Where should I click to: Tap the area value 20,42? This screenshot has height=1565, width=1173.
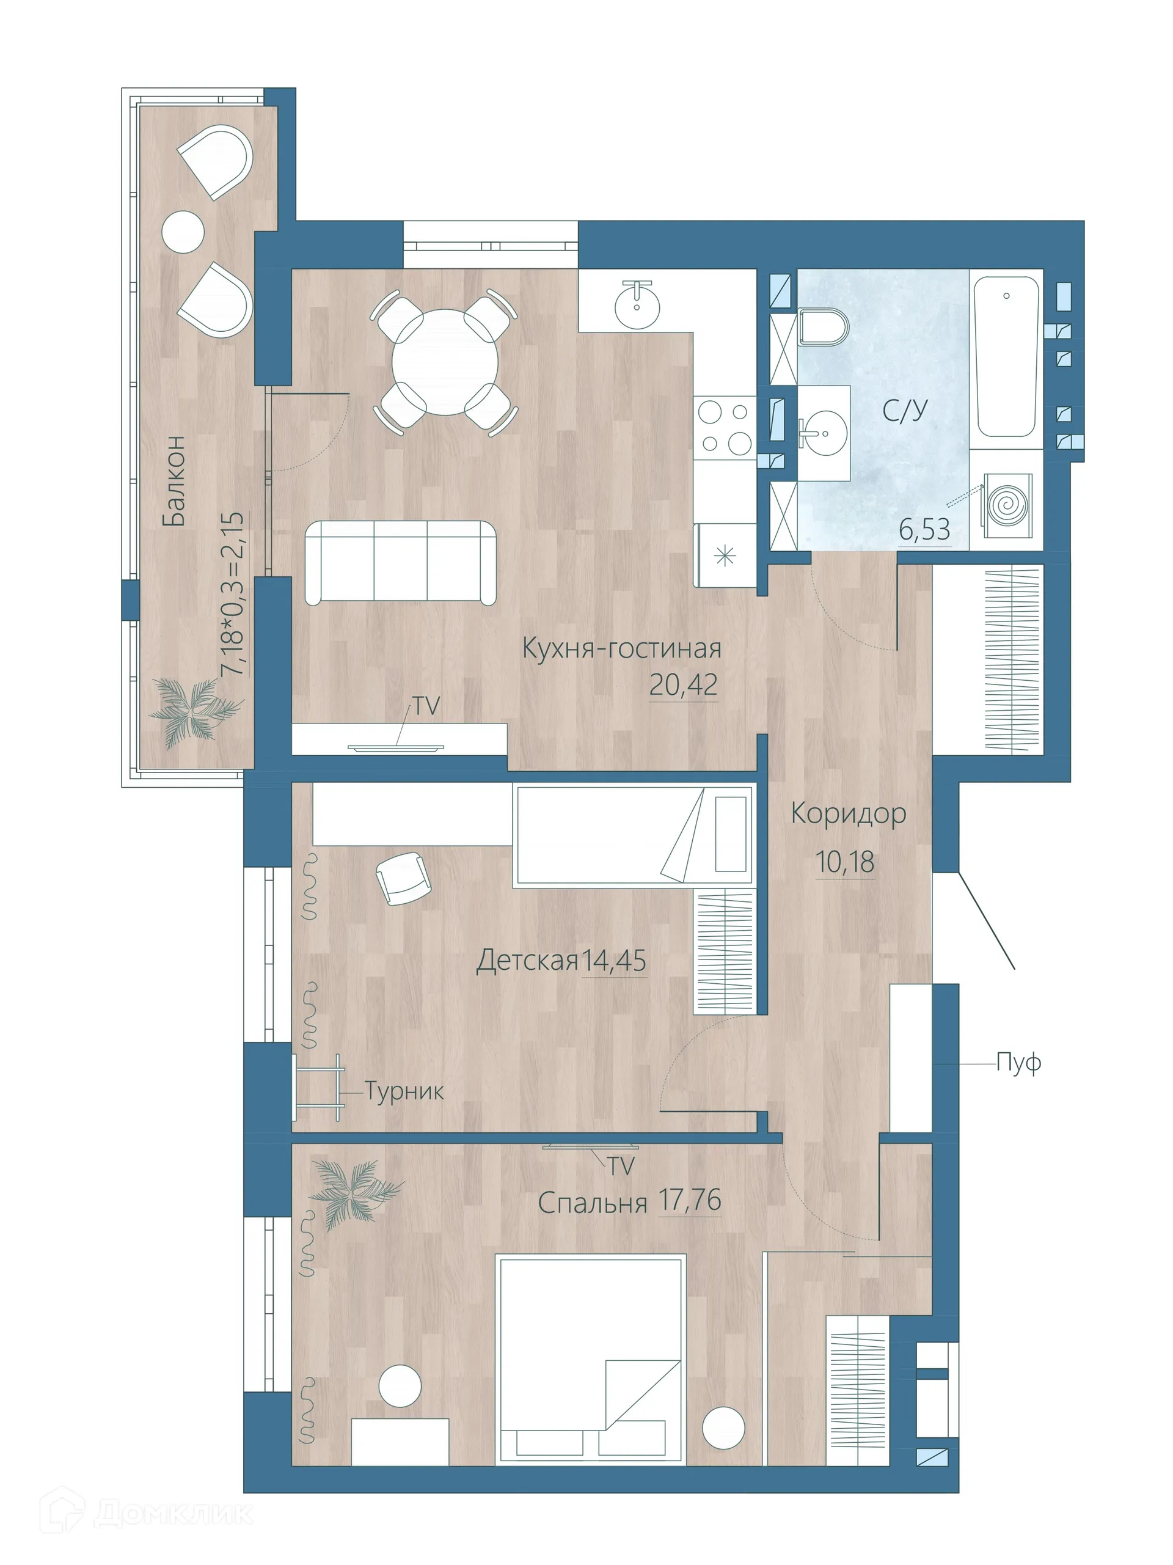pyautogui.click(x=682, y=684)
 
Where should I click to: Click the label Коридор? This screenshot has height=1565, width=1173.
pyautogui.click(x=847, y=813)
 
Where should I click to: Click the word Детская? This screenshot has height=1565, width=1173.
pyautogui.click(x=527, y=961)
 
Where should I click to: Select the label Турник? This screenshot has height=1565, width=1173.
pyautogui.click(x=404, y=1091)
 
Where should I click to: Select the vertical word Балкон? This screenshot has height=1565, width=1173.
pyautogui.click(x=174, y=480)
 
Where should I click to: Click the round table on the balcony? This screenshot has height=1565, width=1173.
pyautogui.click(x=183, y=230)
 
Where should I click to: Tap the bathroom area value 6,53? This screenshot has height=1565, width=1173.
pyautogui.click(x=924, y=529)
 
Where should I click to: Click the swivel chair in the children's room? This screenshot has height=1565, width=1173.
pyautogui.click(x=401, y=878)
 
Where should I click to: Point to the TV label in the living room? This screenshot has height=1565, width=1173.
pyautogui.click(x=426, y=705)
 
